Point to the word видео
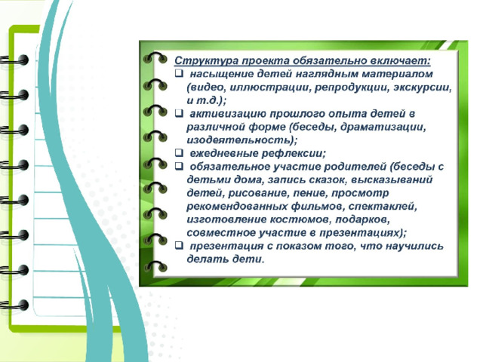pos(206,87)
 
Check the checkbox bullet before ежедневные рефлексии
pos(179,152)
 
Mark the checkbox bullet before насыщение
pos(179,74)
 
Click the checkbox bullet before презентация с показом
pos(179,245)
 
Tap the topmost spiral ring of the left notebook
pos(14,60)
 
